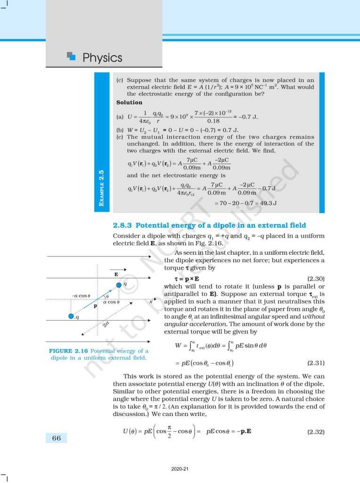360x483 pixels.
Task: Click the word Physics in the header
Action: tap(102, 58)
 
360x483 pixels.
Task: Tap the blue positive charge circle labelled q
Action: tap(119, 285)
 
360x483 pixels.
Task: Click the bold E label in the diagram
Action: tap(115, 274)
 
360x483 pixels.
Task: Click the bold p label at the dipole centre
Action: tap(96, 306)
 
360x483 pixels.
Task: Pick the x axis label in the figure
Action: tap(151, 300)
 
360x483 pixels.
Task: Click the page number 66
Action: tap(56, 438)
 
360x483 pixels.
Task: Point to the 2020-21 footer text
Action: tap(180, 468)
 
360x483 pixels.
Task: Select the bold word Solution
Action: tap(129, 102)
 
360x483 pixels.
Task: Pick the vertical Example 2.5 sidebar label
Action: tap(102, 189)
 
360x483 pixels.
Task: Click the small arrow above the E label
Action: tap(115, 267)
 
